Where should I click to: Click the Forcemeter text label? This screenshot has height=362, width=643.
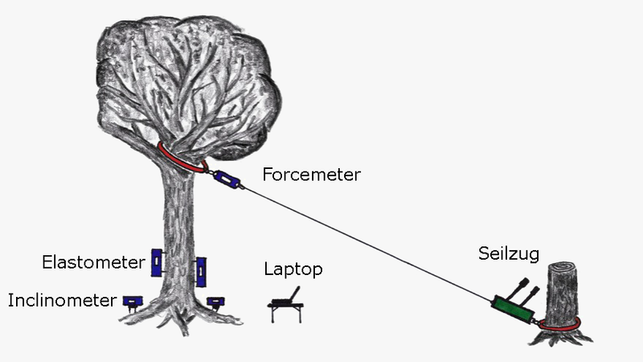[x=311, y=173]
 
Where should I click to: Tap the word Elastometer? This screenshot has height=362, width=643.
[x=94, y=261]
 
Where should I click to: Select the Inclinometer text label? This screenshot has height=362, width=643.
[x=61, y=301]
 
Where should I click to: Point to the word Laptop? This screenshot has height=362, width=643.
[x=293, y=269]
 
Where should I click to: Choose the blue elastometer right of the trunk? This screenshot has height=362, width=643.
[x=201, y=270]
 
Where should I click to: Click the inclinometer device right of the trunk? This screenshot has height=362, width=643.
[x=215, y=302]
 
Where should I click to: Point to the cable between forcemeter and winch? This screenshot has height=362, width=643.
[x=362, y=241]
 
